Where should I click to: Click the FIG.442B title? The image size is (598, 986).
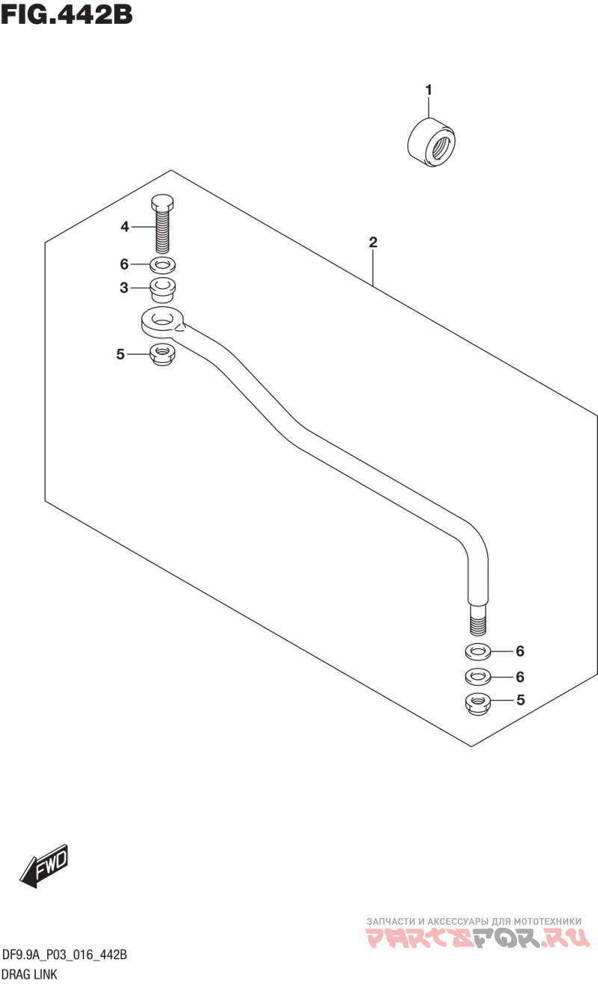coord(67,13)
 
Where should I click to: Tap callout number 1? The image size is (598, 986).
coord(429,90)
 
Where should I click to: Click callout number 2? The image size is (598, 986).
coord(372,242)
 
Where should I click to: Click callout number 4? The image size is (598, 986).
coord(125,226)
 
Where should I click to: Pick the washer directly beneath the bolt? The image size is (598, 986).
coord(163,264)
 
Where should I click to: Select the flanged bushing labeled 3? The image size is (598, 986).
coord(163,288)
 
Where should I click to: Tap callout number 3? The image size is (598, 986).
coord(125,288)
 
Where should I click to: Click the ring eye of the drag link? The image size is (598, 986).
coord(162,321)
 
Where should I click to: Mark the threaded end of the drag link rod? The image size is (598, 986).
coord(478,619)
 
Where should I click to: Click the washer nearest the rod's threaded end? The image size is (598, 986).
coord(478,651)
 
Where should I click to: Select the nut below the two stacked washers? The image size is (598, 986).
coord(478,702)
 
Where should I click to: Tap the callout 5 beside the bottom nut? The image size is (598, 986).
coord(520,700)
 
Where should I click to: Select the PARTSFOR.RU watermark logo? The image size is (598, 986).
coord(472,938)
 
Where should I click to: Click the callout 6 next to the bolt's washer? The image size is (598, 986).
coord(125,264)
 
